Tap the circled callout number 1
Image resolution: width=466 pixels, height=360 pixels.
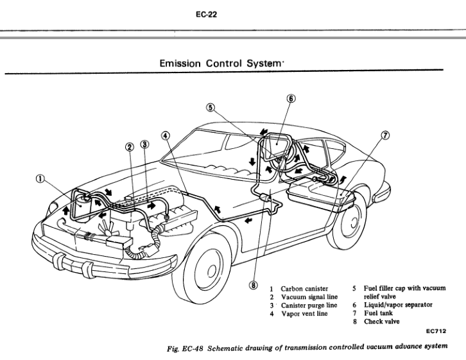click(42, 179)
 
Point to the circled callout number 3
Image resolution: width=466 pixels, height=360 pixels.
click(143, 145)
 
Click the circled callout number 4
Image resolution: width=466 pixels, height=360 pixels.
click(166, 136)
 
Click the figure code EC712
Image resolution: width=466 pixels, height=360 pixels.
click(435, 332)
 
